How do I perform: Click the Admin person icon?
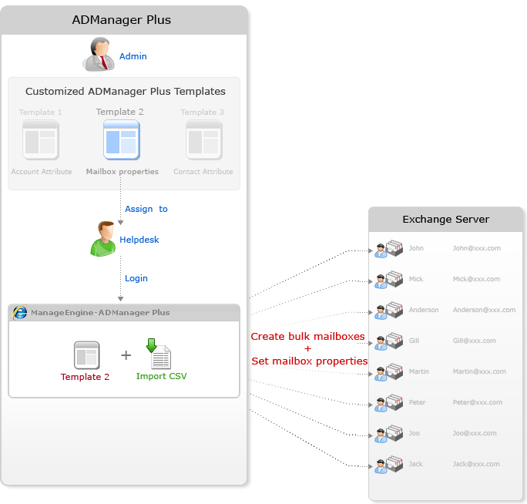99,55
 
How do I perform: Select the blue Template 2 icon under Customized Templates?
121,140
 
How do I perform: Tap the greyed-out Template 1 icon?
41,140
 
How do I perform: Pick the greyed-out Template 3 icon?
203,140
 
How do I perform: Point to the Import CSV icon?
160,354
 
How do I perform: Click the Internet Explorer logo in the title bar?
21,312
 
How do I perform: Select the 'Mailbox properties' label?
123,172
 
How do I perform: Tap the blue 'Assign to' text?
146,209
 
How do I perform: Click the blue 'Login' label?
136,278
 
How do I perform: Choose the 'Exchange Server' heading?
445,220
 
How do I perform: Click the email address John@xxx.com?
476,249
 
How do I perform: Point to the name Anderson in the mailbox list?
424,310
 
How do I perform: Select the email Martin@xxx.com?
479,371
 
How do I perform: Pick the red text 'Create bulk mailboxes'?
308,337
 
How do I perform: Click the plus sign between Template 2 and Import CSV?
126,355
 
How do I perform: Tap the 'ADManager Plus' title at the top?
122,19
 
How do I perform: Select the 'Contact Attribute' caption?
203,172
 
